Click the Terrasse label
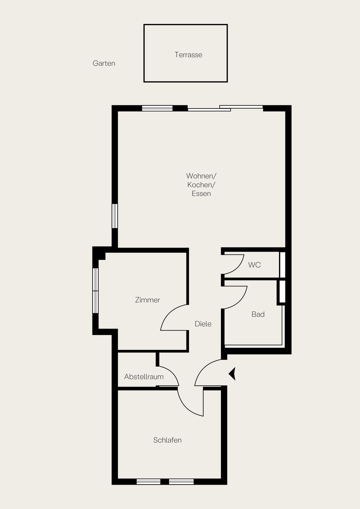coord(188,55)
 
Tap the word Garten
coord(104,63)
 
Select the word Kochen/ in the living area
coord(201,185)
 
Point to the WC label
coord(254,265)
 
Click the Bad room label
coord(258,314)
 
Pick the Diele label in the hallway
coord(203,324)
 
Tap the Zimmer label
coord(148,300)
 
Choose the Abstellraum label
coord(144,377)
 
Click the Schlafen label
coord(167,440)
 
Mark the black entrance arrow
coord(232,374)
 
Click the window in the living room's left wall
coord(115,216)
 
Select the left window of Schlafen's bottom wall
coord(148,481)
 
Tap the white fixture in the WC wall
coord(282,265)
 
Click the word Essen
coord(201,194)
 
